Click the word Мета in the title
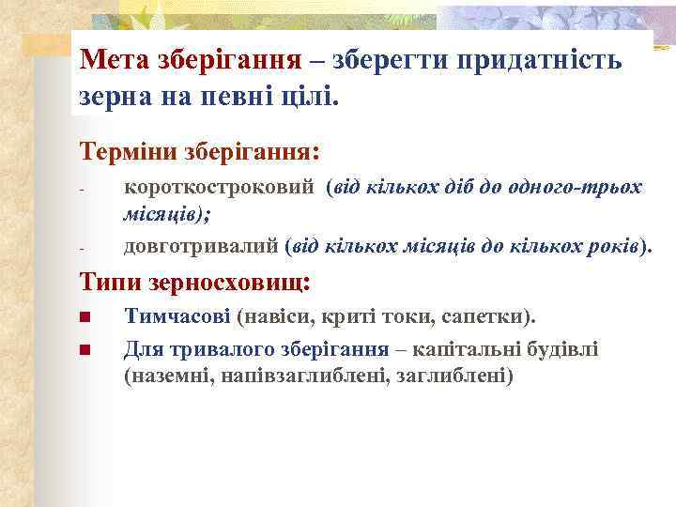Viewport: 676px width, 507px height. tap(110, 61)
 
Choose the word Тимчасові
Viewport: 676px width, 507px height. tap(177, 317)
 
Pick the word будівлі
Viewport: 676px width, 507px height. tap(565, 349)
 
